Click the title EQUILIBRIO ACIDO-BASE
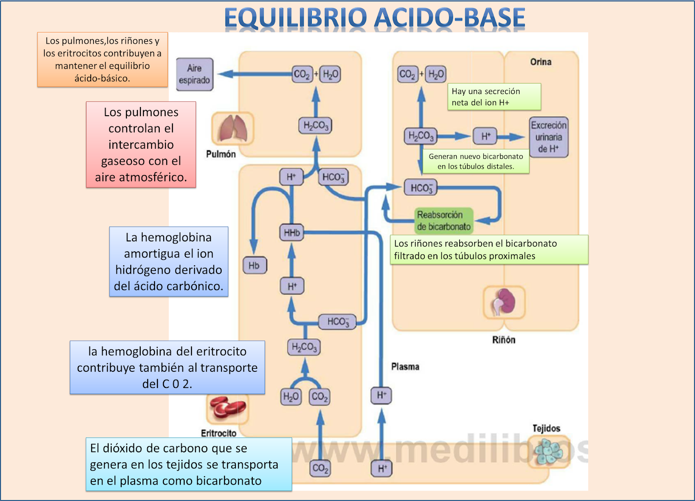pos(374,18)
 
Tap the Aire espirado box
pos(195,74)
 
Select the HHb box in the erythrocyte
pos(291,233)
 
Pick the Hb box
pos(254,265)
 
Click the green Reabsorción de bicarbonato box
pos(443,220)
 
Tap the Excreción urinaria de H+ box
pos(549,137)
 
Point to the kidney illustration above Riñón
pos(504,302)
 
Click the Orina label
pos(541,62)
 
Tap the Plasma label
pos(405,367)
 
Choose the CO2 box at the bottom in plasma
pos(321,468)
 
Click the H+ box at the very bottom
pos(381,468)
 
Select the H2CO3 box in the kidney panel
pos(420,137)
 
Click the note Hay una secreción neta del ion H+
pos(494,97)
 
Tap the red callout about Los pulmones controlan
pos(141,144)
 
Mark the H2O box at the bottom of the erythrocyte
pos(291,397)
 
